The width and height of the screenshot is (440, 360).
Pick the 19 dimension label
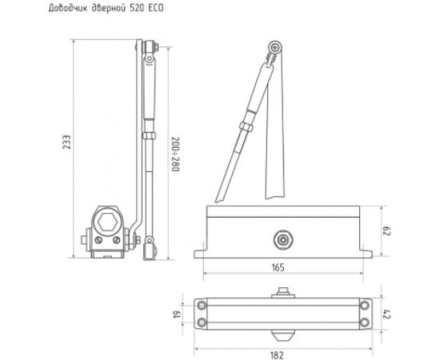(x=177, y=314)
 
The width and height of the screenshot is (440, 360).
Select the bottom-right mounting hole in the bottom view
(x=365, y=322)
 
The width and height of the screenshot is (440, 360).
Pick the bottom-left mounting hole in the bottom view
(x=202, y=322)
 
